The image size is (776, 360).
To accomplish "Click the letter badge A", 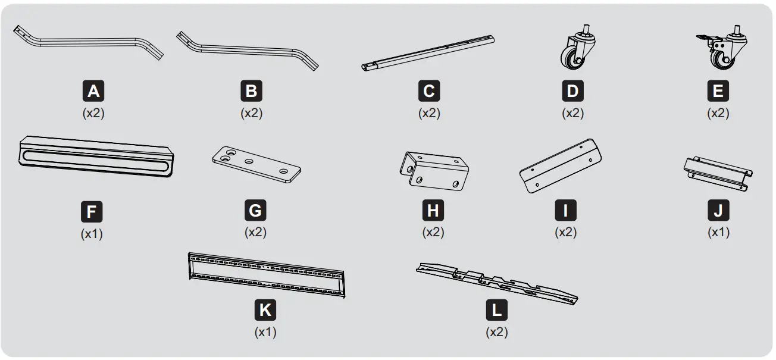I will (93, 91).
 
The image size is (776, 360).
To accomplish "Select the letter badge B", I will (251, 91).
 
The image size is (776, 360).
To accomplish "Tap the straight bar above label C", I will (428, 52).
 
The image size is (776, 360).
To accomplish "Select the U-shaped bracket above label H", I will (434, 170).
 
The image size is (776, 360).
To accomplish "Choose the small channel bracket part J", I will (716, 173).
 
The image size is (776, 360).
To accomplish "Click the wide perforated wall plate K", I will (267, 273).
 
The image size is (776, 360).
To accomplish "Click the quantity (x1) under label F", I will (92, 234).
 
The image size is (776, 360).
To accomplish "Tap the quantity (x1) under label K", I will (265, 332).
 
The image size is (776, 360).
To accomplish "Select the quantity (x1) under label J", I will (718, 232).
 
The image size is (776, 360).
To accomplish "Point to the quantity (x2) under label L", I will (496, 331).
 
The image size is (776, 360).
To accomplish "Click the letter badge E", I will (718, 91).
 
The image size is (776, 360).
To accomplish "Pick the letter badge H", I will (433, 211).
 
